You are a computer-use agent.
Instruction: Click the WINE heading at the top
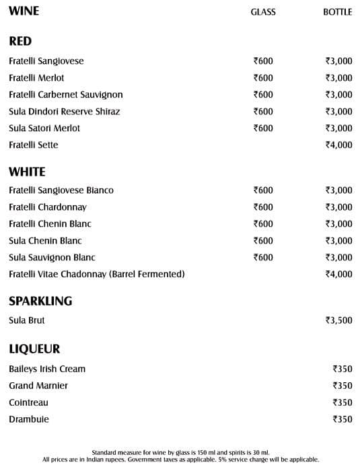24,11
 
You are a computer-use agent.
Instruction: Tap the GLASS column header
263,12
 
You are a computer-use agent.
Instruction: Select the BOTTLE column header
338,12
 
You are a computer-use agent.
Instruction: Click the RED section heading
20,42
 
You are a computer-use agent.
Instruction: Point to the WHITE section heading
27,172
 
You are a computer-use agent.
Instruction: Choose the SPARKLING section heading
40,301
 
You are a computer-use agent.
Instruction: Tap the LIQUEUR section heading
34,349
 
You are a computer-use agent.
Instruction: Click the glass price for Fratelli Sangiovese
263,61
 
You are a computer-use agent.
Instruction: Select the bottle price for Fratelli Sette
338,145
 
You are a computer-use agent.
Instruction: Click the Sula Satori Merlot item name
44,129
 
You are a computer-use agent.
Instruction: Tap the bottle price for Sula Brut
338,321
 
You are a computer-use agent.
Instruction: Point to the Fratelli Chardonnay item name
48,207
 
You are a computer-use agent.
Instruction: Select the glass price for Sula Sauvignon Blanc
263,258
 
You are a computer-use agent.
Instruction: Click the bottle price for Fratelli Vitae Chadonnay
338,275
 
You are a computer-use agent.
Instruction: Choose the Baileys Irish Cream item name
47,369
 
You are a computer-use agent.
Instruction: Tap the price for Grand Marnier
343,386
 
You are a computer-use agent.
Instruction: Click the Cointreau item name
28,403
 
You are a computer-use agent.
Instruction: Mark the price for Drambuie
343,420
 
